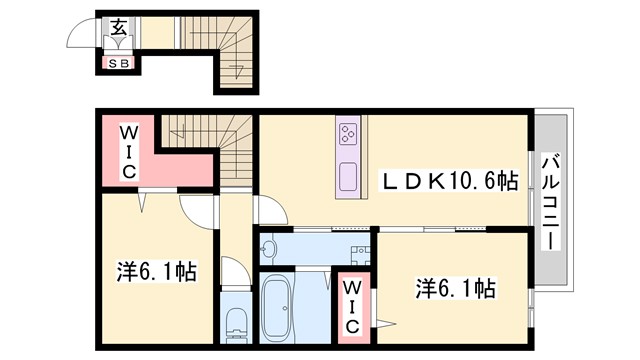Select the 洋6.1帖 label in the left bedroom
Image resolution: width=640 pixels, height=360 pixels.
pyautogui.click(x=155, y=271)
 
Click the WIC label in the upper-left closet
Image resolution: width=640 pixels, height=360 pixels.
pyautogui.click(x=130, y=153)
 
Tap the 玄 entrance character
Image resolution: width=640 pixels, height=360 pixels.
pyautogui.click(x=118, y=27)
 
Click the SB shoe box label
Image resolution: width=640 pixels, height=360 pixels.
pyautogui.click(x=118, y=63)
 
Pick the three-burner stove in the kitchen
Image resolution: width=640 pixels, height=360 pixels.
pyautogui.click(x=349, y=134)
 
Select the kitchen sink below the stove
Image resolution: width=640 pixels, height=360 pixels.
pyautogui.click(x=348, y=174)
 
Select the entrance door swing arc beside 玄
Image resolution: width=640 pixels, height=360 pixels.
pyautogui.click(x=82, y=35)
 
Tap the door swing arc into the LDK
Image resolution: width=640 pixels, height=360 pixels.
pyautogui.click(x=268, y=211)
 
